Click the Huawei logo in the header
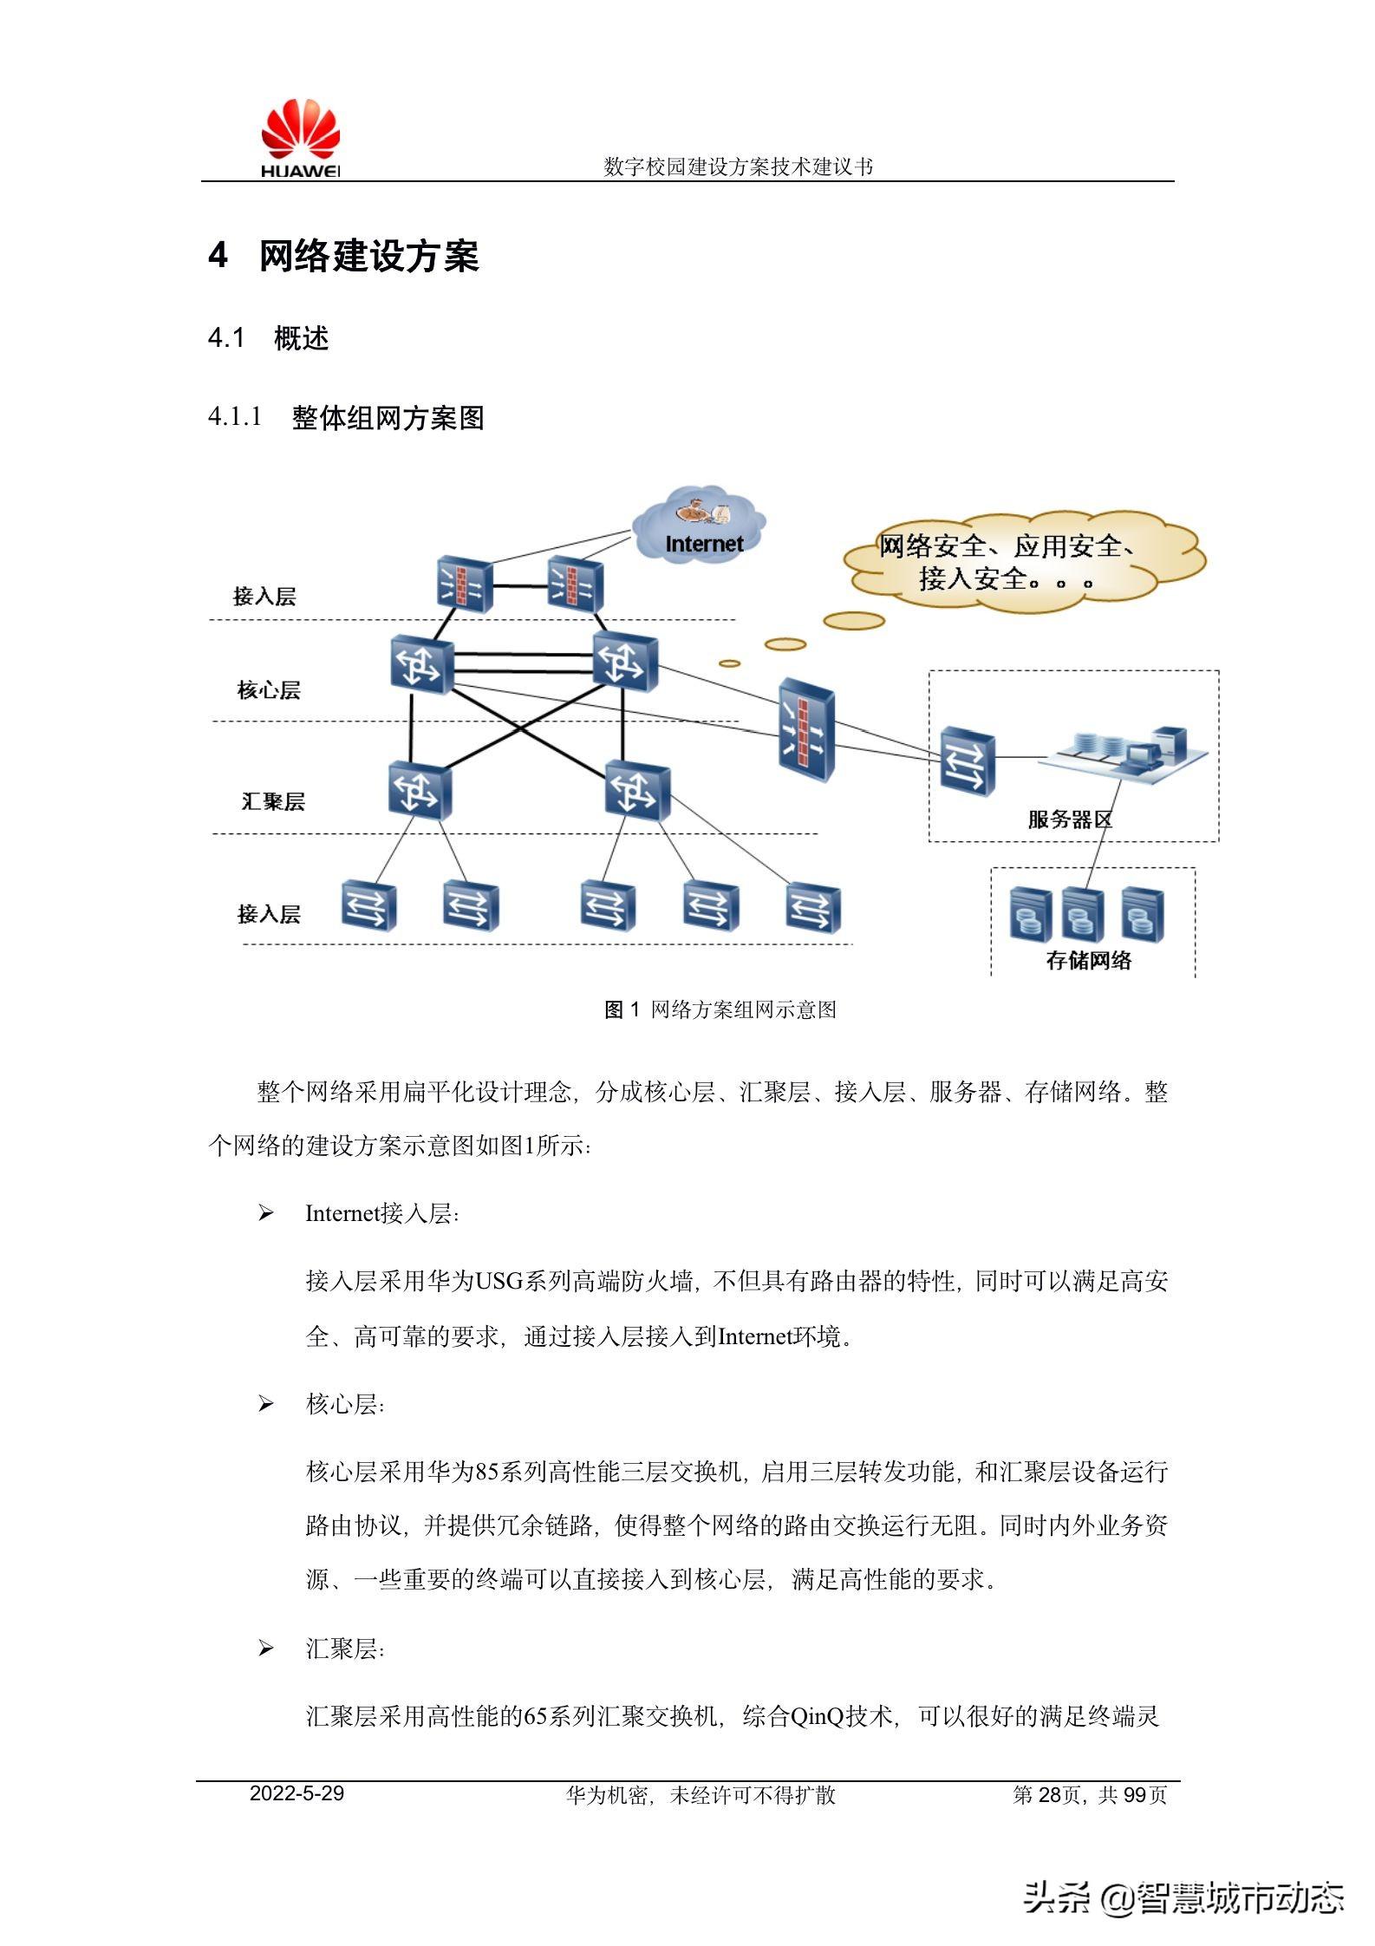300,139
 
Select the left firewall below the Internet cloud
465,584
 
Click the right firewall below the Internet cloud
575,584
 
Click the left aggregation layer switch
420,790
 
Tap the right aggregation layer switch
637,790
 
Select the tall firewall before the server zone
806,729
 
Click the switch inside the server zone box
968,761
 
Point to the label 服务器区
1069,820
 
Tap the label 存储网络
1089,960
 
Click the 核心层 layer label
269,690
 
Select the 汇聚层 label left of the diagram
273,801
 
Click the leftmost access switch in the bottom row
368,906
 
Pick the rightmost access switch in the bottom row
813,908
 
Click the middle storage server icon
1083,914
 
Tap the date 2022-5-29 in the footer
297,1793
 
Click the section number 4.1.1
234,417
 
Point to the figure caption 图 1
622,1009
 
